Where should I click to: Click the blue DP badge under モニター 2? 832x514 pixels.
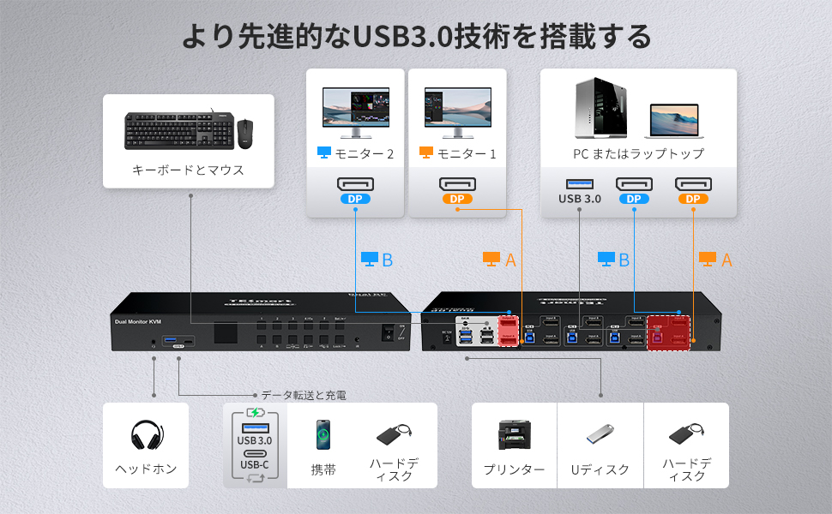[355, 200]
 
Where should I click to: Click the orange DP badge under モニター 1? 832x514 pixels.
[458, 200]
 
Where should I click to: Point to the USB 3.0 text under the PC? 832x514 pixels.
[580, 199]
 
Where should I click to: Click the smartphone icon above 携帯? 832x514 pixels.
[323, 434]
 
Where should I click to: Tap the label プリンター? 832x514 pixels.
[514, 469]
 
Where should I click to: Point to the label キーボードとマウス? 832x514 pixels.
[188, 170]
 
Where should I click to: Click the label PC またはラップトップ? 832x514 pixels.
[638, 154]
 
